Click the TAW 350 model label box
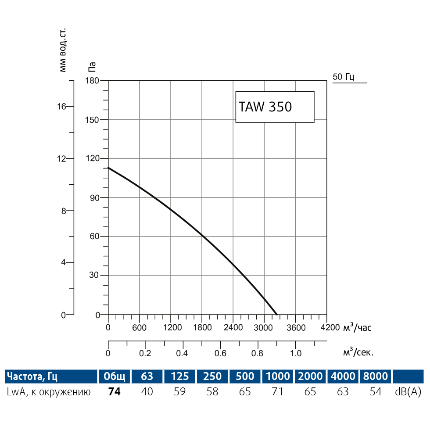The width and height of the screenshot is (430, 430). click(x=275, y=107)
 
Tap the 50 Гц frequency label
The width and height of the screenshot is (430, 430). click(x=344, y=77)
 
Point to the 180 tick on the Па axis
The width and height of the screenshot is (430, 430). click(x=93, y=81)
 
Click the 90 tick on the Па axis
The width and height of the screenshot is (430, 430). click(x=94, y=197)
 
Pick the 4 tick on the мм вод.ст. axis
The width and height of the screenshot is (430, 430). click(x=63, y=263)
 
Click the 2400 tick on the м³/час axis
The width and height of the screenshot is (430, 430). click(x=233, y=327)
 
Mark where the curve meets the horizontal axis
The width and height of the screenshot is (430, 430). click(x=277, y=315)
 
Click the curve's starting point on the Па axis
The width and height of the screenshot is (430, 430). click(x=108, y=168)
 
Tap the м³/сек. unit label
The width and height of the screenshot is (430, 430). click(x=360, y=352)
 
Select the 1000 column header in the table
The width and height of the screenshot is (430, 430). click(x=277, y=376)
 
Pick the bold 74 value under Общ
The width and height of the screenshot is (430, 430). click(x=114, y=392)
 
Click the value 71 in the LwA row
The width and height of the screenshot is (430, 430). click(x=277, y=392)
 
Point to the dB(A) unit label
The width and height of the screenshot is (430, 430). click(x=408, y=392)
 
